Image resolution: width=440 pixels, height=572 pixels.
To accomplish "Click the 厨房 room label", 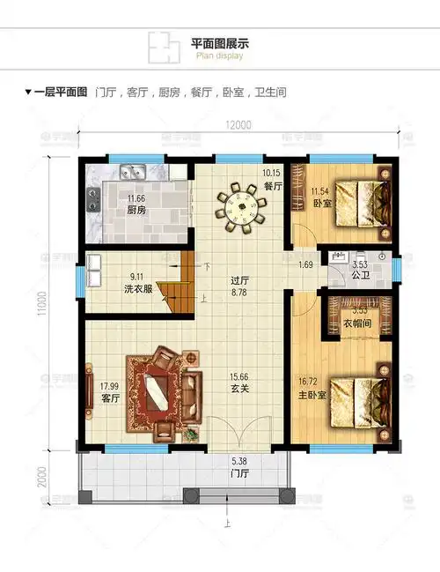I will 136,212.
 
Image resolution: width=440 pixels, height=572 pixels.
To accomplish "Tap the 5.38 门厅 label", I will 238,466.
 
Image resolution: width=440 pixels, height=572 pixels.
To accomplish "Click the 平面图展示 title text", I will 220,43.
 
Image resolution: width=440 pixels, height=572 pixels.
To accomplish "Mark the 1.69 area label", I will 305,264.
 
